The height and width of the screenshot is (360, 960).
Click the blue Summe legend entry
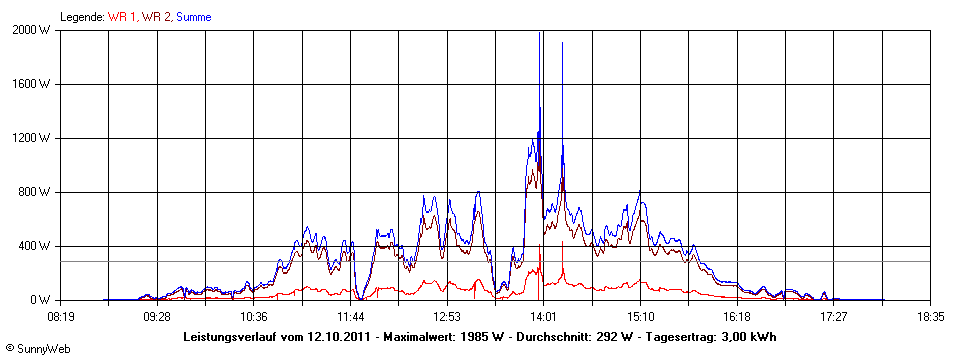193,17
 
